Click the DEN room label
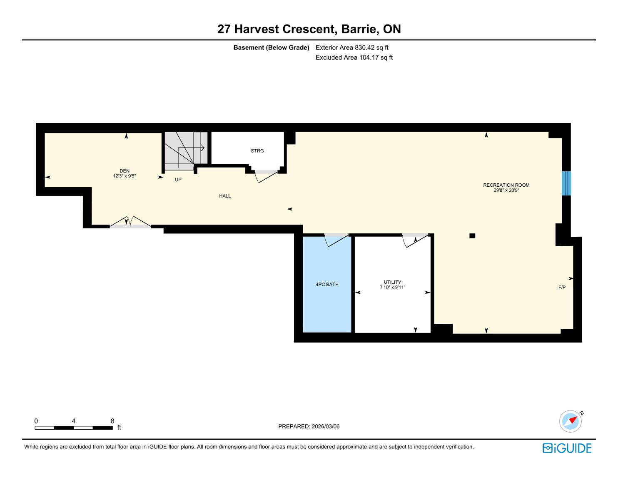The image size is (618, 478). pos(124,171)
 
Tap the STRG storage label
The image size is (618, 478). pos(257,151)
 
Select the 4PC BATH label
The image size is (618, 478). pos(327,285)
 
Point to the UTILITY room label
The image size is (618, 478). pos(392,282)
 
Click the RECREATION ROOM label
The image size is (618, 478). pos(506,185)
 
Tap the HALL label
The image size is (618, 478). pos(225,196)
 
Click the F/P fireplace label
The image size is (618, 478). pos(562,288)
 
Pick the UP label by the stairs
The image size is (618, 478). pos(178,180)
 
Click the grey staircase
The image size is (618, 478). pos(186,151)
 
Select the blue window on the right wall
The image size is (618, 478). pos(566,183)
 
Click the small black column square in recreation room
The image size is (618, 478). pos(472,235)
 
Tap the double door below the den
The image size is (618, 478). pos(130,223)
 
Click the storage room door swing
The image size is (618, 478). pos(266,176)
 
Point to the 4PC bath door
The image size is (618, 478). pos(336,240)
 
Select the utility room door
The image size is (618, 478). pos(415,240)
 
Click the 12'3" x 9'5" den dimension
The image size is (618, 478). pos(124,176)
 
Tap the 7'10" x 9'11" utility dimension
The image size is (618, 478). pos(392,288)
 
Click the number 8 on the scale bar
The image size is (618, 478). pos(112,421)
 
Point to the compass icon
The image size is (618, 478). pos(570,421)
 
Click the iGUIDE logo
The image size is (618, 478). pos(567,448)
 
